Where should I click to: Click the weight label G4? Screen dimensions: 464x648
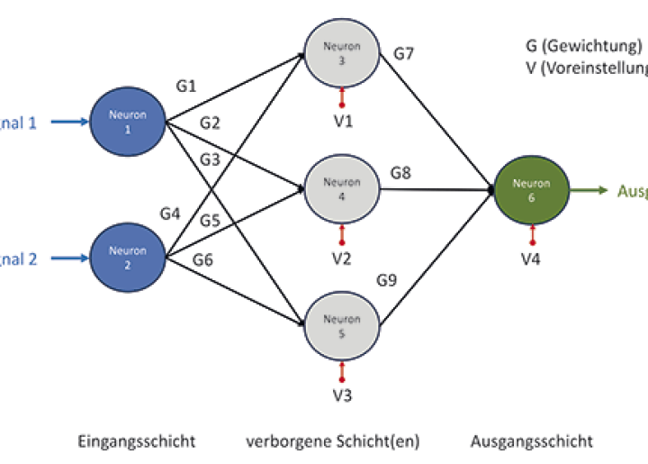click(170, 214)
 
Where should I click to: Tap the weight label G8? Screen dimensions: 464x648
click(400, 171)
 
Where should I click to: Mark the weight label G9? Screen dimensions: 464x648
click(387, 280)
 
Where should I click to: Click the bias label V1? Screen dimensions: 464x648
click(342, 120)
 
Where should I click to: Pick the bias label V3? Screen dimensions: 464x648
click(342, 394)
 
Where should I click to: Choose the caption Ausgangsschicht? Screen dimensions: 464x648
click(532, 441)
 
